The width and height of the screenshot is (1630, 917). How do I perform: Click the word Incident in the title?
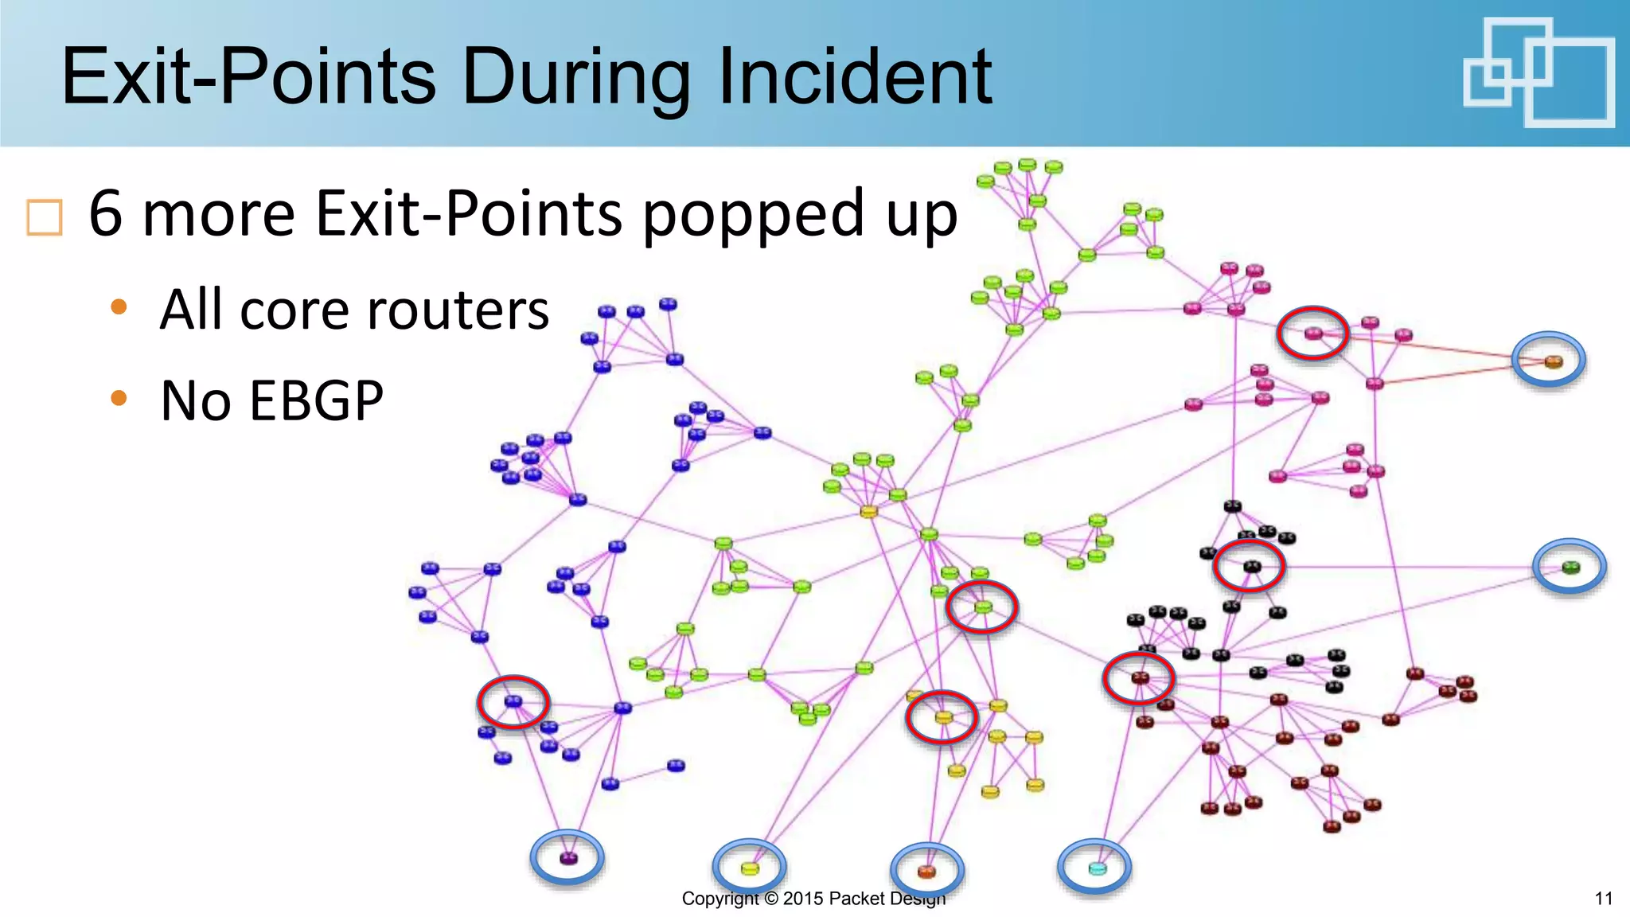click(855, 77)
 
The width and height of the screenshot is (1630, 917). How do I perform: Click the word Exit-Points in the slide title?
click(248, 77)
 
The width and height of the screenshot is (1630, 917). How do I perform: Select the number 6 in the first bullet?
click(106, 213)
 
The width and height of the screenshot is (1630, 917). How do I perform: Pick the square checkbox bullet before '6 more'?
click(45, 217)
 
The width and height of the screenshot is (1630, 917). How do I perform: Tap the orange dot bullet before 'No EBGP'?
click(119, 397)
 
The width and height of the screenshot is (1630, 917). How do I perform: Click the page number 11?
click(1603, 899)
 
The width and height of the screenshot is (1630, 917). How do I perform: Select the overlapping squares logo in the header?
click(1538, 72)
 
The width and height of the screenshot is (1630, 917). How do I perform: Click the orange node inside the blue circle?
click(1554, 362)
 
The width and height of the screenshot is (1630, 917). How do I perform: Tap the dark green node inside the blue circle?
click(1570, 568)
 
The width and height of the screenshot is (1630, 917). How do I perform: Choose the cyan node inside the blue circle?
click(1097, 868)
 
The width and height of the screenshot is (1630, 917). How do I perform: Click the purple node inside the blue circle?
click(567, 858)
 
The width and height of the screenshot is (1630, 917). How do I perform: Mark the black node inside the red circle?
click(1252, 567)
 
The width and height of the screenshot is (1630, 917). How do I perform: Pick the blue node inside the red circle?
click(513, 701)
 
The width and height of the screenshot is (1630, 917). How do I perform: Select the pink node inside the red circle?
click(1313, 334)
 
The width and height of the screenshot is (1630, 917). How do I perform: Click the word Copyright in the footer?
click(720, 899)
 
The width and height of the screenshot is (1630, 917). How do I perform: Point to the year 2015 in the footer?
click(803, 899)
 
